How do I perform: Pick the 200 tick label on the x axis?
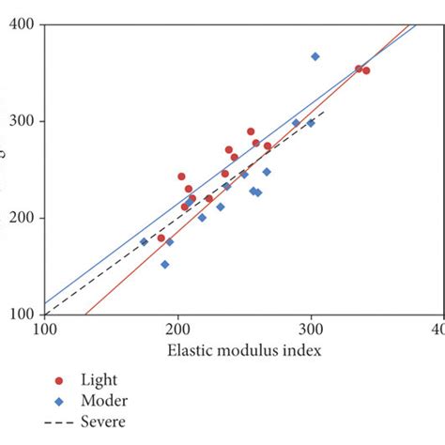[177, 330]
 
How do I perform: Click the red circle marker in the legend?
[60, 381]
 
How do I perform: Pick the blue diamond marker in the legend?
[60, 401]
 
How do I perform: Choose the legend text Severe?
[104, 422]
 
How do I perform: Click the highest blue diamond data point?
[315, 56]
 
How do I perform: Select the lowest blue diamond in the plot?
[165, 265]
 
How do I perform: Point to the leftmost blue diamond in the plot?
[144, 241]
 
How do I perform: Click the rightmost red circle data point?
[366, 70]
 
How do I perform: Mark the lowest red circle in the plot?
[161, 238]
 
